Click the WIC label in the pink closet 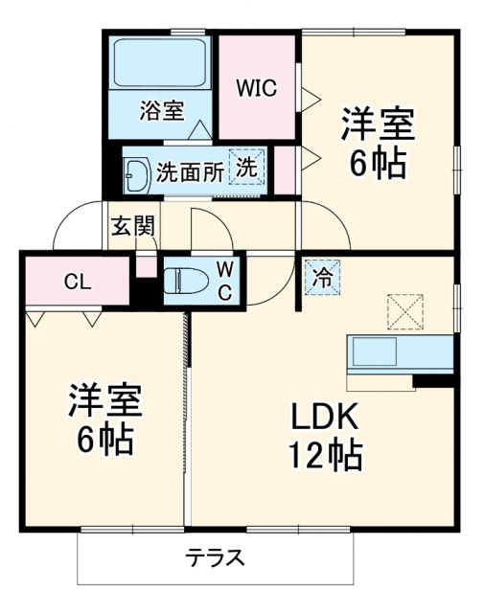coord(256,88)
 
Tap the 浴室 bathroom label coord(161,110)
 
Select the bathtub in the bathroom coord(160,63)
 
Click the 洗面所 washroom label coord(190,171)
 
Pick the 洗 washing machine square coord(247,167)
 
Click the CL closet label coord(78,282)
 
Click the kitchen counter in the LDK coord(399,353)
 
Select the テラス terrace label coord(216,557)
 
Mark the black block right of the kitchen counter coord(432,381)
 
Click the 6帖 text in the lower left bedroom coord(104,441)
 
